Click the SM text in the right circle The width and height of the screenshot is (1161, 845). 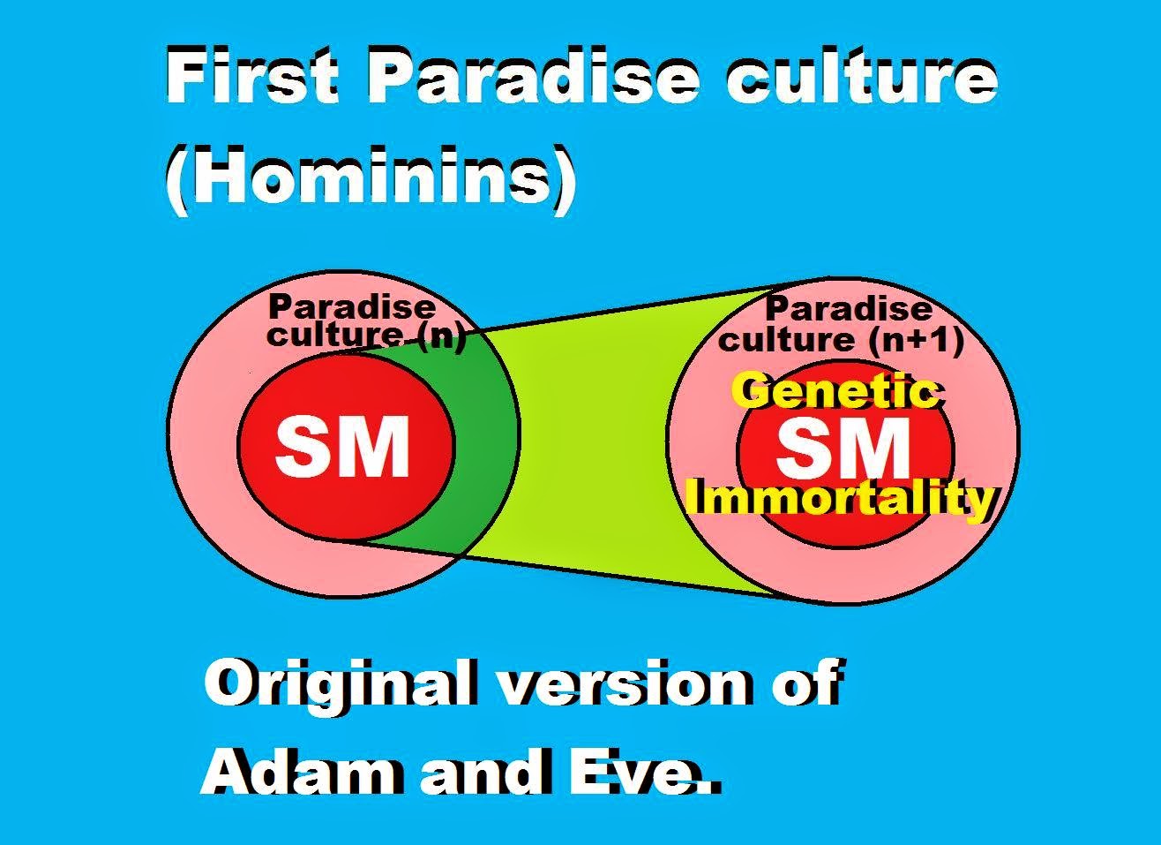[x=843, y=449]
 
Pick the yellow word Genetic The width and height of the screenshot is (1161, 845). [x=836, y=392]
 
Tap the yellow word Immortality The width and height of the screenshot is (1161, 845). [x=843, y=500]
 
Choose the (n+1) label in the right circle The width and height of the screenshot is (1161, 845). [x=917, y=340]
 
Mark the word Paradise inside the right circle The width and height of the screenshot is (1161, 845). [x=849, y=309]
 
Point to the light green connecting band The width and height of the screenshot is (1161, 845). [x=596, y=441]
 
